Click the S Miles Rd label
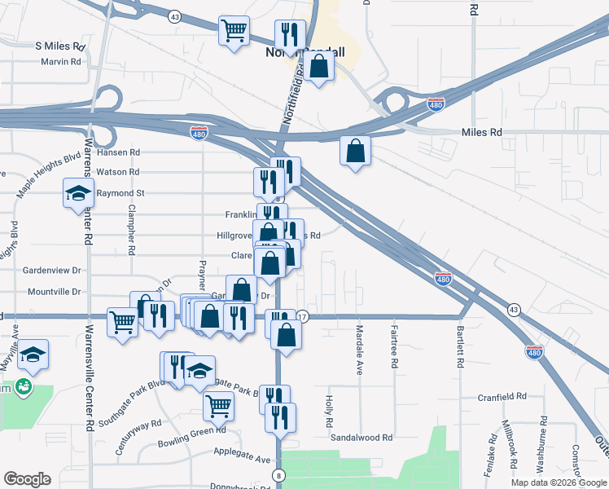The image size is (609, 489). click(x=60, y=46)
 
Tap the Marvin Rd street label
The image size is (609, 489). click(x=61, y=61)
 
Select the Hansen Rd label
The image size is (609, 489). click(x=118, y=152)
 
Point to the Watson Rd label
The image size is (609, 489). click(x=118, y=172)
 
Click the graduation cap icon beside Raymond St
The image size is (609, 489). click(x=78, y=195)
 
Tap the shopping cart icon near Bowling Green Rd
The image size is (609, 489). click(x=218, y=404)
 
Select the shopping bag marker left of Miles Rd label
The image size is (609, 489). click(x=355, y=151)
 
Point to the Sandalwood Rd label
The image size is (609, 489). click(x=361, y=438)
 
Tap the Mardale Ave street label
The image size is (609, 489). click(x=359, y=350)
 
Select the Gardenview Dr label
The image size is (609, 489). click(x=53, y=270)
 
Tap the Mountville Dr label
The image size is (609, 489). click(x=54, y=291)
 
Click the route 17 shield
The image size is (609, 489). click(x=302, y=316)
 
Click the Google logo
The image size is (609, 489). click(x=27, y=479)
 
